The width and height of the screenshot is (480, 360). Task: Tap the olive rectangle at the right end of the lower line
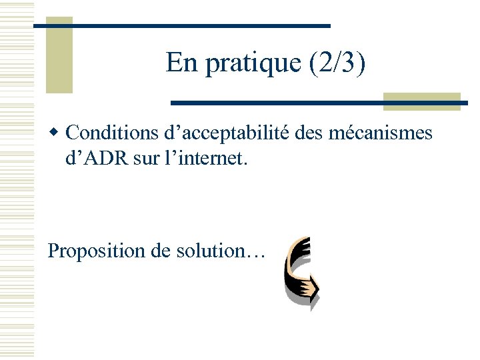pyautogui.click(x=421, y=101)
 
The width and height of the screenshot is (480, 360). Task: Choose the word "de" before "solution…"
pyautogui.click(x=160, y=251)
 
